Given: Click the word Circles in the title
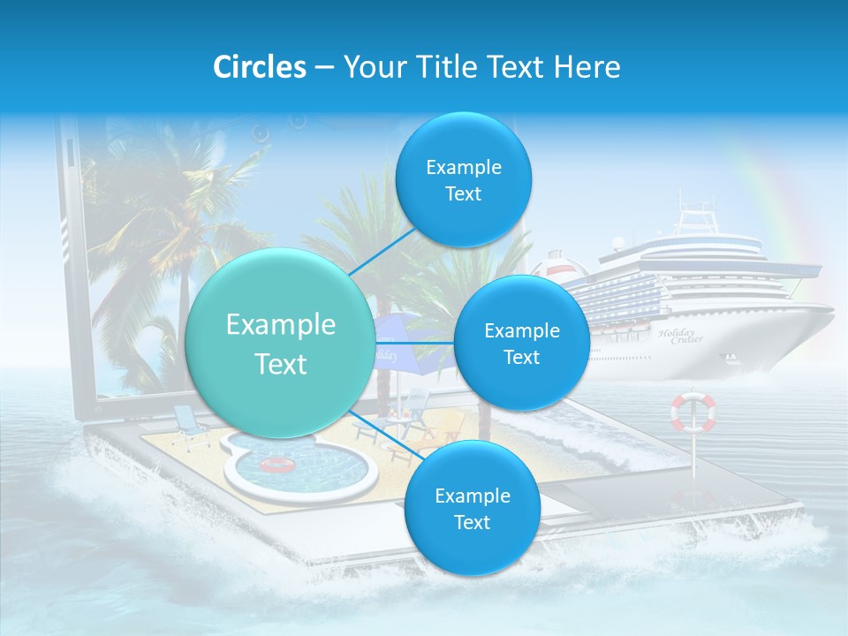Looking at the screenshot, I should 260,67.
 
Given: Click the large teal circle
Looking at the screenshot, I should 280,344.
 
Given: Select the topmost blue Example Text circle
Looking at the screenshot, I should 462,179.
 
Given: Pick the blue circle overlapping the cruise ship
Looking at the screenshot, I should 521,344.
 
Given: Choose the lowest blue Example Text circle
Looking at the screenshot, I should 471,508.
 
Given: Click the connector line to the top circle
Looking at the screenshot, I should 382,252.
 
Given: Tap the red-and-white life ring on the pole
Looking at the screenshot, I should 693,413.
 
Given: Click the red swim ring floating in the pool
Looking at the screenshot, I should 278,465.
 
